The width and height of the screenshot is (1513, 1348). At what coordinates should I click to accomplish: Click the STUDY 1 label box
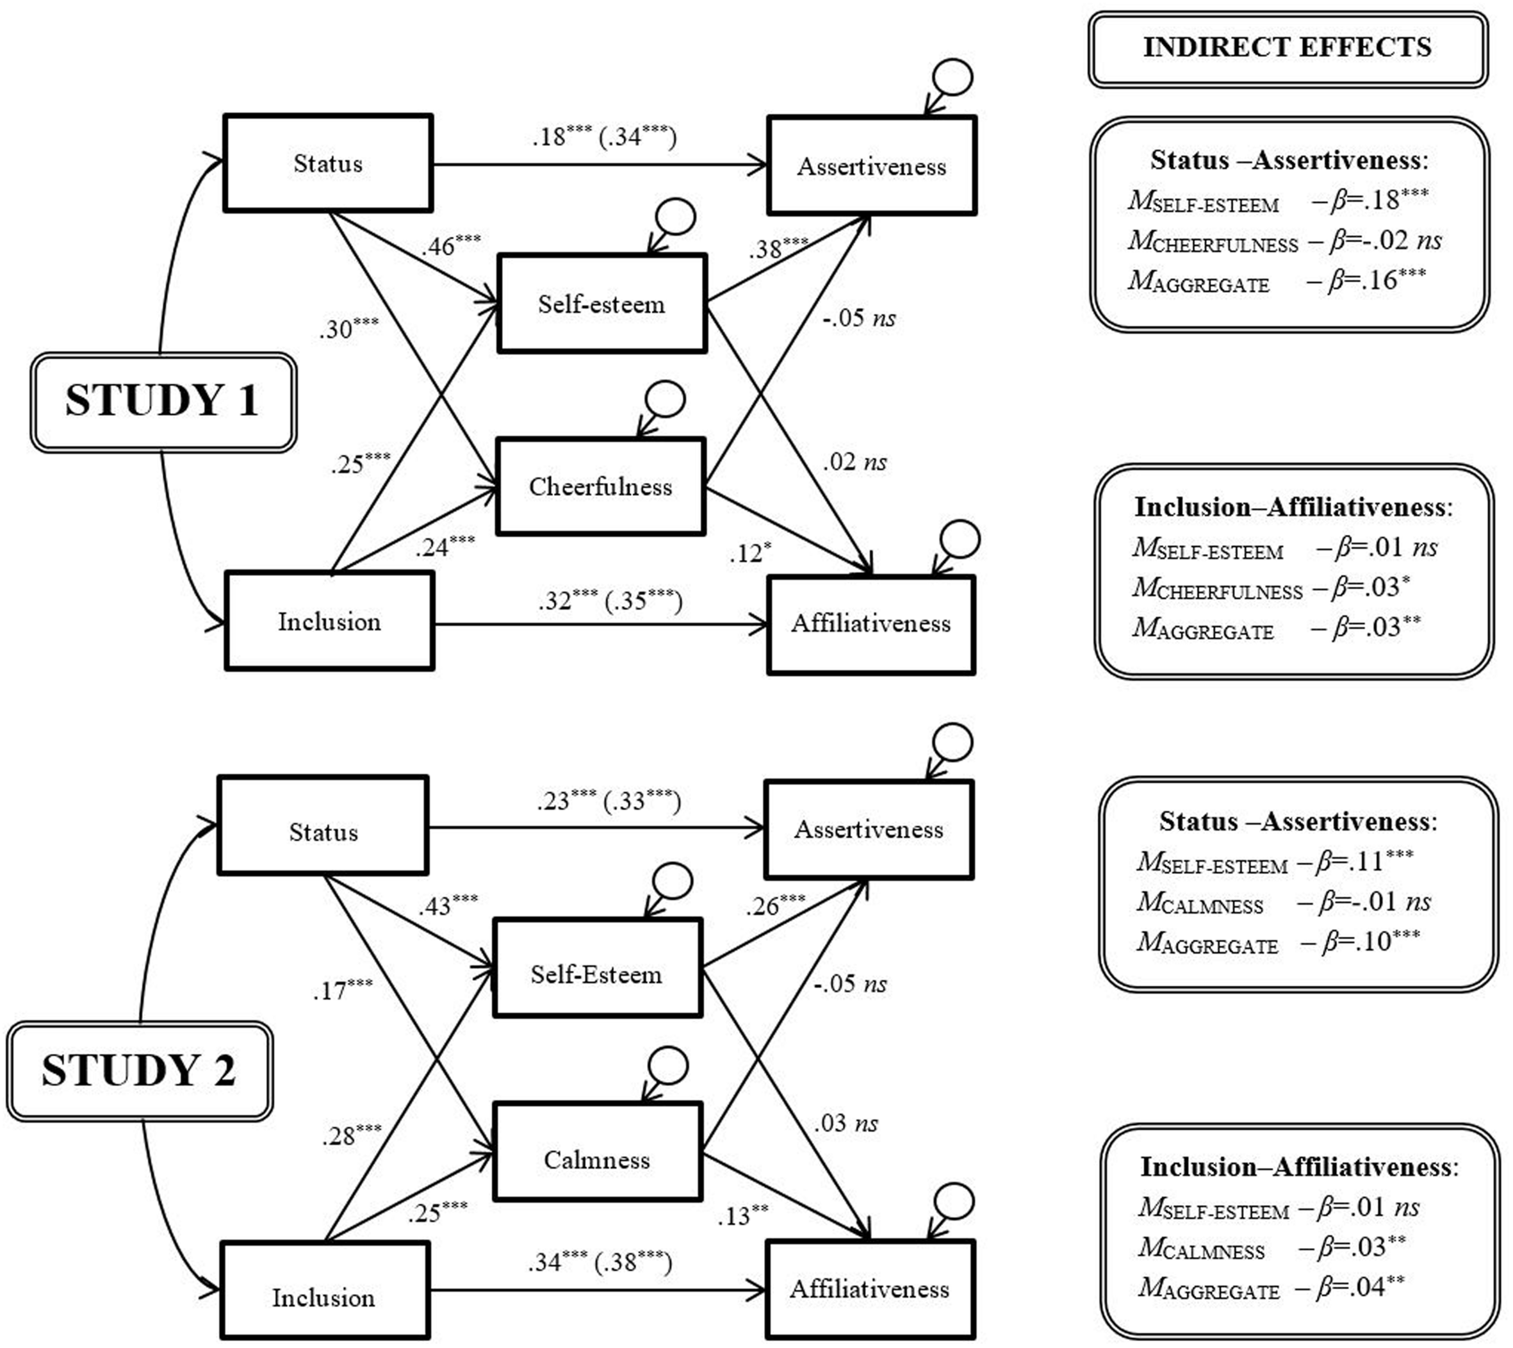pos(163,402)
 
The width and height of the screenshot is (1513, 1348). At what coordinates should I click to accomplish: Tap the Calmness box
pos(597,1159)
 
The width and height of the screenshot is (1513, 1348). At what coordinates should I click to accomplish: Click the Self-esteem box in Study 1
pos(601,304)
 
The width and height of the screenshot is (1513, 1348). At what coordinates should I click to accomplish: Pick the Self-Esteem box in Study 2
pos(597,974)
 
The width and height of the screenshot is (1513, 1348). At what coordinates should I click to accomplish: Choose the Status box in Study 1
pos(328,163)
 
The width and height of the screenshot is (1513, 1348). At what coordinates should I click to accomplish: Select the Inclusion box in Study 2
pos(324,1297)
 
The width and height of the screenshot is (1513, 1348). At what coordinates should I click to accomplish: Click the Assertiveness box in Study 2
pos(869,830)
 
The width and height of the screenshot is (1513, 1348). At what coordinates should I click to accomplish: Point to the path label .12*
pos(749,552)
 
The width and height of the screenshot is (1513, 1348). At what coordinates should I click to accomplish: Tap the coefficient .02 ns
pos(854,462)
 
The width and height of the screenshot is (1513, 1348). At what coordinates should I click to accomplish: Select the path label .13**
pos(743,1216)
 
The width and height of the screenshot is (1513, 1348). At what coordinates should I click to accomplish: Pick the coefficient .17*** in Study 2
pos(342,989)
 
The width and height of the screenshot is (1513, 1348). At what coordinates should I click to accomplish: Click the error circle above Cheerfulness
pos(664,400)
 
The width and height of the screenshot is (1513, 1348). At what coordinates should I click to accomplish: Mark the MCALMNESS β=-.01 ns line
pos(1282,902)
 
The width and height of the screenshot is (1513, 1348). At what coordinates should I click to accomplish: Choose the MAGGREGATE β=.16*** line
pos(1277,281)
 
